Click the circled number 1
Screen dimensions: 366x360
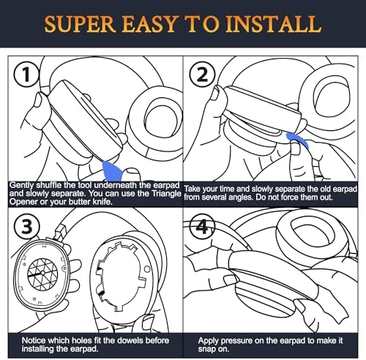26,75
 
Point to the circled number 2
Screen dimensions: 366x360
203,75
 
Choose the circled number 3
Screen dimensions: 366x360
26,227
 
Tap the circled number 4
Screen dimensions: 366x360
202,227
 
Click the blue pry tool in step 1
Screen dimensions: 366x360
113,170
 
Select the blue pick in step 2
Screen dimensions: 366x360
298,140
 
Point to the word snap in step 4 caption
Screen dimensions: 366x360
206,349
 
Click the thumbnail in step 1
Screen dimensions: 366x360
39,100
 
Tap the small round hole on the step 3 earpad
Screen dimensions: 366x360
147,269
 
